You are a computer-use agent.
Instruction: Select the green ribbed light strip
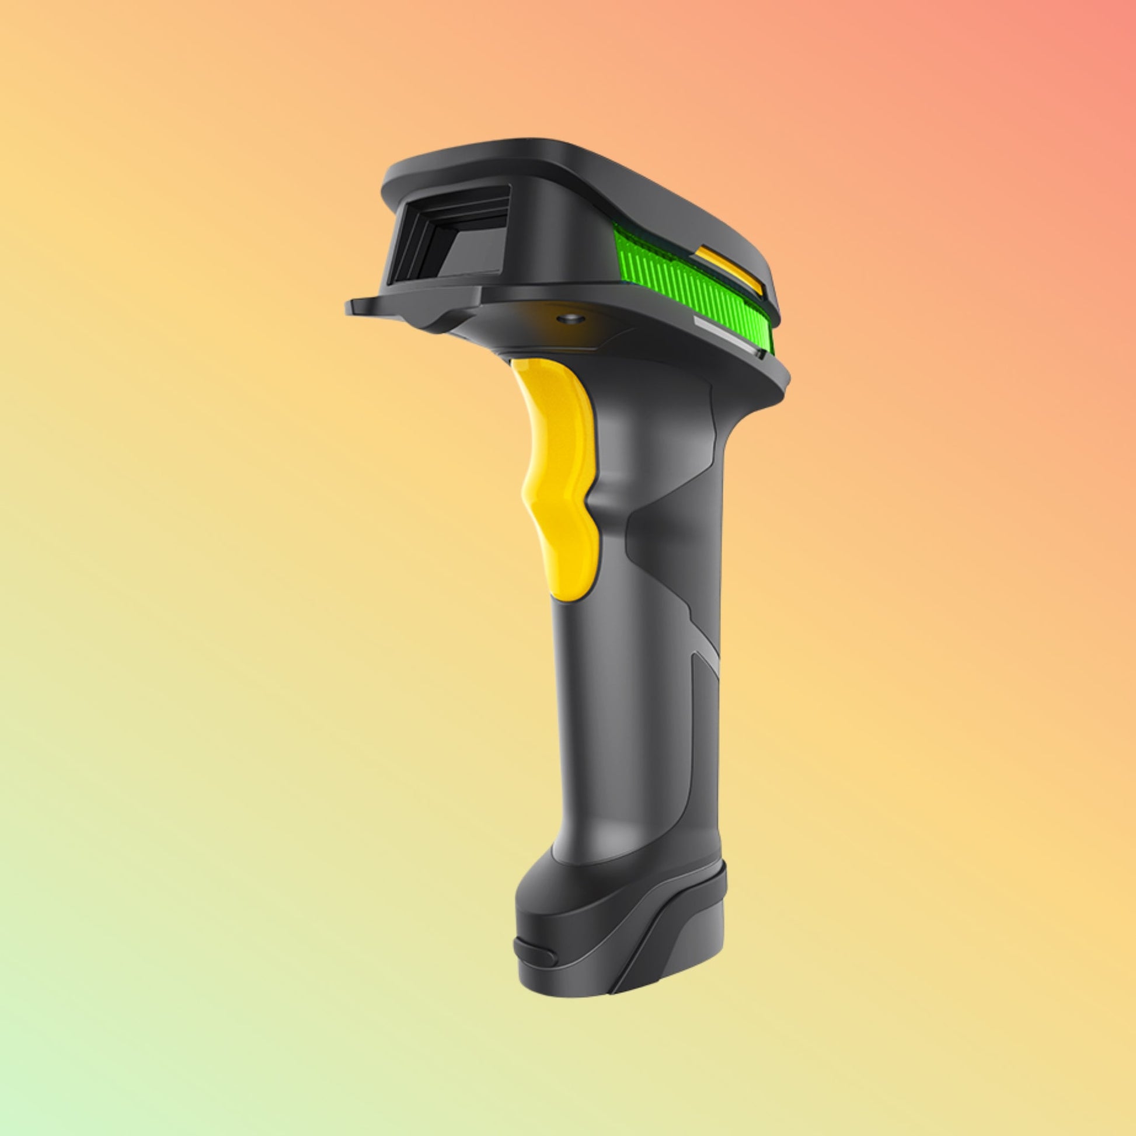(x=688, y=282)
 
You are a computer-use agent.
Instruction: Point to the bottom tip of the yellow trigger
(x=567, y=594)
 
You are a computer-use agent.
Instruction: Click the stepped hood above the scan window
(x=447, y=194)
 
